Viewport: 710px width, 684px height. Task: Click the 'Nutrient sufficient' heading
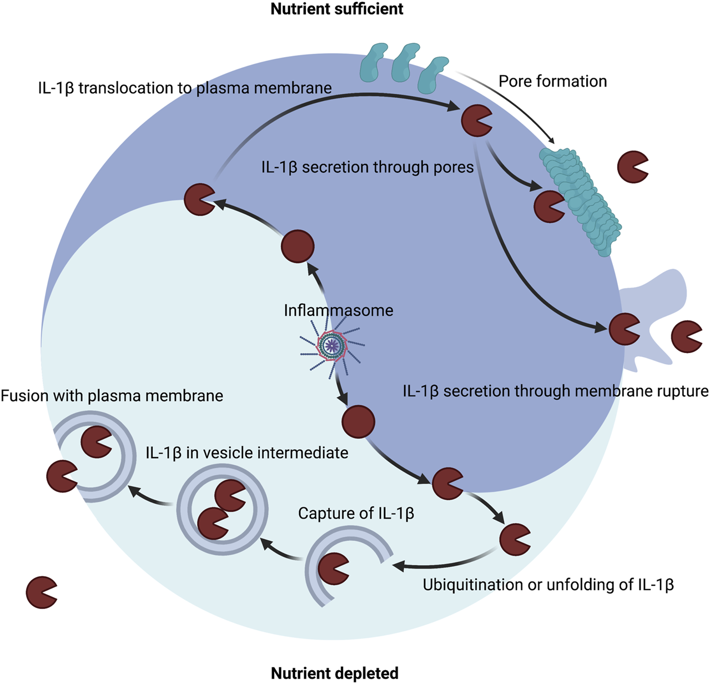tap(337, 9)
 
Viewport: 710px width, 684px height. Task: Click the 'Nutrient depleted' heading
tap(335, 673)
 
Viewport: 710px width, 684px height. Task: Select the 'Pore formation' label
tap(552, 82)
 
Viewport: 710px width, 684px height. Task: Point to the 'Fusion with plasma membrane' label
tap(112, 396)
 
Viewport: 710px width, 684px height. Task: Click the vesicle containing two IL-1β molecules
tap(222, 509)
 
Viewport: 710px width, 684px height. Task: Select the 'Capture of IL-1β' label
tap(356, 513)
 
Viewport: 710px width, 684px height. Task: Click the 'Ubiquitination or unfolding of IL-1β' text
tap(548, 585)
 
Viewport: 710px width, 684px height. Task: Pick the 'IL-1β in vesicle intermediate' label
tap(247, 452)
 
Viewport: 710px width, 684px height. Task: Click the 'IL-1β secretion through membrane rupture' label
tap(555, 391)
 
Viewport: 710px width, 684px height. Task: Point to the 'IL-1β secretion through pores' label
tap(367, 167)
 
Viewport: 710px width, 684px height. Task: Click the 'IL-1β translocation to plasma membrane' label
tap(185, 88)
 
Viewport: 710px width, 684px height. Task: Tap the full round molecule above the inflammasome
tap(298, 246)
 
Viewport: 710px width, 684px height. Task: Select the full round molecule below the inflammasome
tap(359, 422)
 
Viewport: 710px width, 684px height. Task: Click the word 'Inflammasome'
tap(338, 310)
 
